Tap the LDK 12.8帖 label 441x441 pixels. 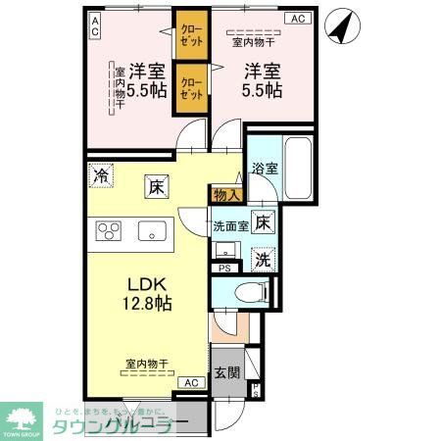pos(147,293)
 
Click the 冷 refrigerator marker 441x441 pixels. pos(100,176)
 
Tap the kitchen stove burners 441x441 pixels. pos(109,231)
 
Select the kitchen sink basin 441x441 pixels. pos(152,231)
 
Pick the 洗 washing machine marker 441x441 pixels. pos(263,259)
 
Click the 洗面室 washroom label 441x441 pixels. pos(231,226)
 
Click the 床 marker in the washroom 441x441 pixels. pos(263,221)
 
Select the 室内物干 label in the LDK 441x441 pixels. pos(146,364)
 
